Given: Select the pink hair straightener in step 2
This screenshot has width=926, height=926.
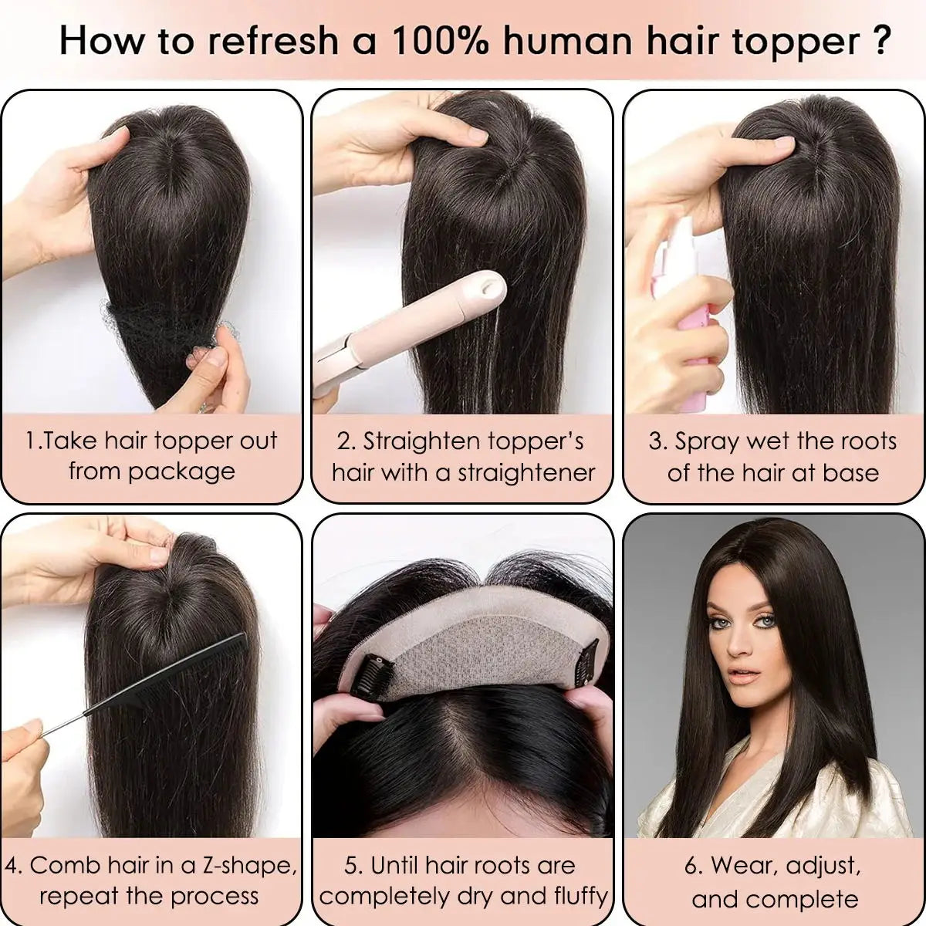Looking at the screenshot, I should [x=409, y=324].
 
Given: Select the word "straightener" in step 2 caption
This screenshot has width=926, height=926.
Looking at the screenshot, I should [x=527, y=472].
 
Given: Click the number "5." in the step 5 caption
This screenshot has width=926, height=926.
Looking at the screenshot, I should [x=354, y=866].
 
